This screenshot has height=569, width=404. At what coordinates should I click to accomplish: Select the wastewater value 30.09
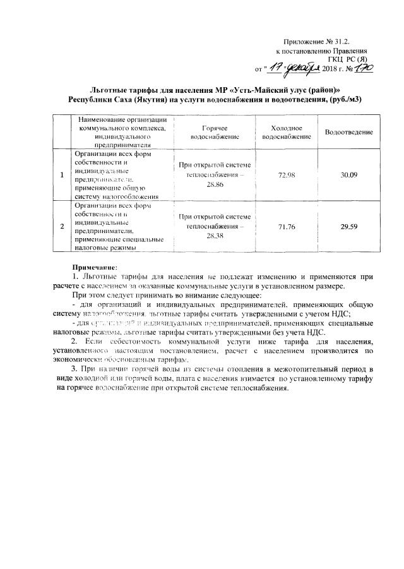pos(349,174)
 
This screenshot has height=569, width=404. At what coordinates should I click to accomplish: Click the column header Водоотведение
pos(349,131)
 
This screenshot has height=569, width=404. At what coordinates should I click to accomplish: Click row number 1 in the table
pos(62,174)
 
